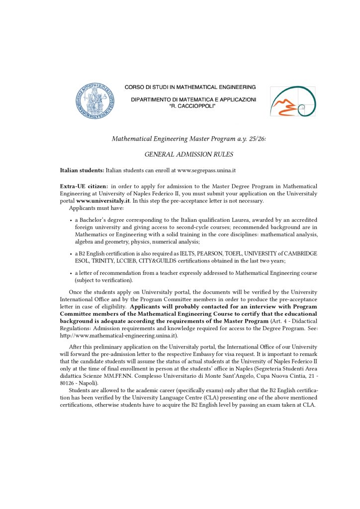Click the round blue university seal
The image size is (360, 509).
94,101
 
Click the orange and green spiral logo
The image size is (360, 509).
292,101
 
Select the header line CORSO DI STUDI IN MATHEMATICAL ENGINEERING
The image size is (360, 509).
190,87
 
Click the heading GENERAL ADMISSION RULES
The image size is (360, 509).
188,155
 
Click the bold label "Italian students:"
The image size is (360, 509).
82,170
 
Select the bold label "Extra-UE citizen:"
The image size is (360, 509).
84,186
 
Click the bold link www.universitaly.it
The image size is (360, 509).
103,201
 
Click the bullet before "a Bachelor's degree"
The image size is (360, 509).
70,220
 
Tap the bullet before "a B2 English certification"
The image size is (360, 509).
70,254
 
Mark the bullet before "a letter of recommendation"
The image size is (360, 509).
70,273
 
